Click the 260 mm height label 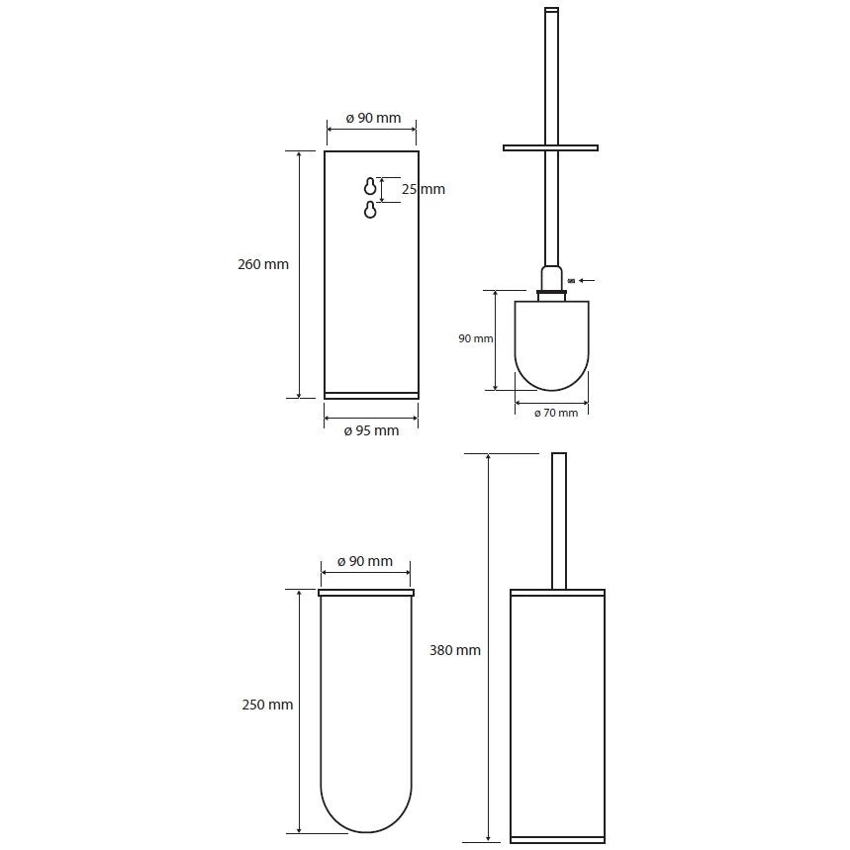tap(263, 264)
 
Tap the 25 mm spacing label tap(423, 189)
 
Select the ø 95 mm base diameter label tap(371, 431)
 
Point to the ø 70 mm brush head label tap(556, 413)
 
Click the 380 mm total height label tap(455, 650)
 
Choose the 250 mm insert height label tap(267, 705)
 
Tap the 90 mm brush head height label tap(475, 338)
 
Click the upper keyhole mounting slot tap(370, 186)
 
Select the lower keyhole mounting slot tap(370, 209)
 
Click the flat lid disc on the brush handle tap(550, 147)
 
